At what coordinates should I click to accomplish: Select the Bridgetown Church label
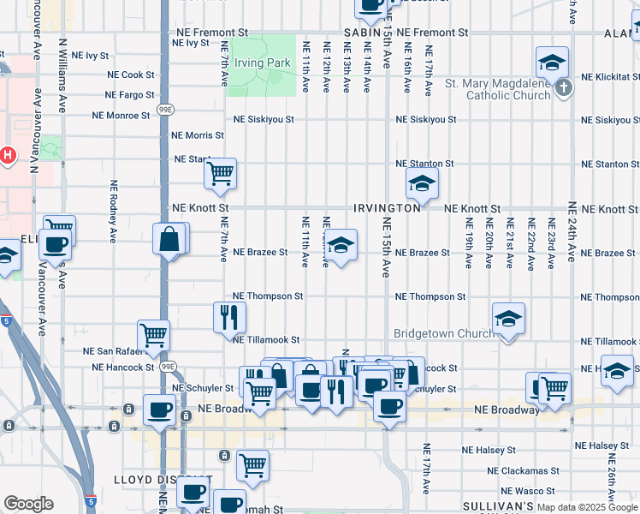(442, 333)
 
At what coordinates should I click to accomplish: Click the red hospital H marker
(7, 156)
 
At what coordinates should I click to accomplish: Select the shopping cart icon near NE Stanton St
(220, 173)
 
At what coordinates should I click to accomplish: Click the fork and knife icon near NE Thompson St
(229, 316)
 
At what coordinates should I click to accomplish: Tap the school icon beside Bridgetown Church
(508, 319)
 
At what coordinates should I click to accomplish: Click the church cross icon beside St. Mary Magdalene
(563, 88)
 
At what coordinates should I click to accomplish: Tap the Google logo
(28, 504)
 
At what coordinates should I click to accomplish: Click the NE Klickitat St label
(609, 76)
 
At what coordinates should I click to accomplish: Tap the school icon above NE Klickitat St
(553, 62)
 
